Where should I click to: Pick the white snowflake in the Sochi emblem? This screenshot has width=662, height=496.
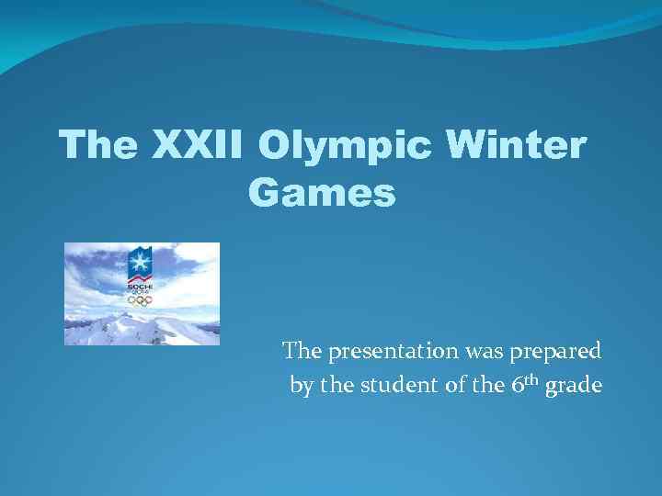click(141, 263)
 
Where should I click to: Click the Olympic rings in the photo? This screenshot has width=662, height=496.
click(141, 299)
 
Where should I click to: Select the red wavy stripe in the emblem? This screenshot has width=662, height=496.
click(141, 276)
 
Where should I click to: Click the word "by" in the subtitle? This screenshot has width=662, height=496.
click(301, 386)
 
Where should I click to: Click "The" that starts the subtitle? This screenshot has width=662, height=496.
click(301, 351)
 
